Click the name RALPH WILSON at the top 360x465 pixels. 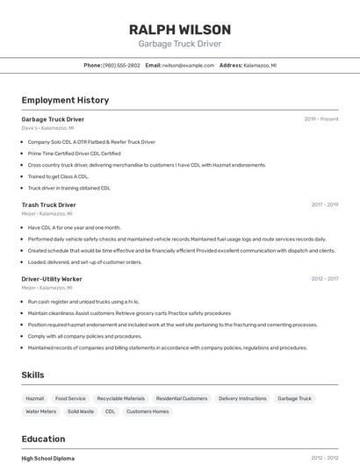[180, 29]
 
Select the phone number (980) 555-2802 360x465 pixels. [121, 65]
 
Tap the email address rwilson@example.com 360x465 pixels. [189, 65]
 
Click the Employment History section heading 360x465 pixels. [65, 100]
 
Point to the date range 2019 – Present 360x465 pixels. [321, 118]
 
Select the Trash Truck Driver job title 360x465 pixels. [49, 204]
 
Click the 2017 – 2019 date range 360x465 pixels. [325, 204]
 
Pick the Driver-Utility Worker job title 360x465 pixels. [52, 279]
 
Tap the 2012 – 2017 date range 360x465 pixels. [325, 279]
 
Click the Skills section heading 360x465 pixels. [33, 375]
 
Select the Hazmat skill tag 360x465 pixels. [35, 398]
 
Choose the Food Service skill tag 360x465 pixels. [70, 398]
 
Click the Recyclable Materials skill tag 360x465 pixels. [120, 398]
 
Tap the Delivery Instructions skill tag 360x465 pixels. [242, 398]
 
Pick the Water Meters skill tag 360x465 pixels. [40, 411]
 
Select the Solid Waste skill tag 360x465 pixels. [81, 411]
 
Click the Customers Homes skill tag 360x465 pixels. [148, 411]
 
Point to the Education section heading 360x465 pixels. [43, 439]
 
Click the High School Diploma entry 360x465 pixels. [48, 458]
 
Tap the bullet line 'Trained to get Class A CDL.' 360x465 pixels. [58, 176]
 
